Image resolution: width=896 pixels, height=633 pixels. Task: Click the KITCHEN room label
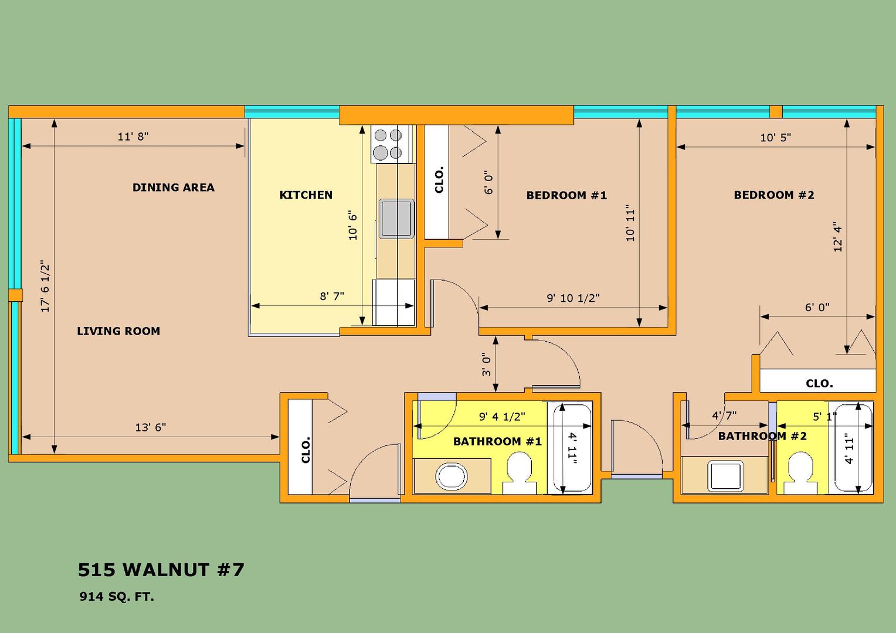click(x=306, y=195)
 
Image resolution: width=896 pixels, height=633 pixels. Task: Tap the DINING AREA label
click(x=173, y=188)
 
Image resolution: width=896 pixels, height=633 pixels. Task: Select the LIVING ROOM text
click(x=118, y=331)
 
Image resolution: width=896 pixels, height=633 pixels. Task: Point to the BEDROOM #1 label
click(x=566, y=196)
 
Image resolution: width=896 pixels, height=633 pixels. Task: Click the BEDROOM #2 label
click(x=773, y=195)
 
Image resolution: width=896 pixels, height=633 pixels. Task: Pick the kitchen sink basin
click(x=396, y=219)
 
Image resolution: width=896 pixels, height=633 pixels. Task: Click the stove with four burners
click(x=392, y=144)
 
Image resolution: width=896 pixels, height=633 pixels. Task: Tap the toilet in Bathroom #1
click(x=520, y=472)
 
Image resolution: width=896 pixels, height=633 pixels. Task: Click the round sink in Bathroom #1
click(x=452, y=477)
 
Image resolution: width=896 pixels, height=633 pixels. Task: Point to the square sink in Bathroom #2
click(x=725, y=476)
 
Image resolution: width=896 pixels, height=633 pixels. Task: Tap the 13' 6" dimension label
click(x=150, y=427)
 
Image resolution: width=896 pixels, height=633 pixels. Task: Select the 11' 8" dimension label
click(x=133, y=137)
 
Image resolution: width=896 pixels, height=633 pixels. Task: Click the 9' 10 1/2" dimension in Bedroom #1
click(x=573, y=298)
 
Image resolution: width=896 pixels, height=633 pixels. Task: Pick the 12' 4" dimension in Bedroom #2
click(x=837, y=237)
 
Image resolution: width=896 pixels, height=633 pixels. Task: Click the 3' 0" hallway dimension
click(x=486, y=365)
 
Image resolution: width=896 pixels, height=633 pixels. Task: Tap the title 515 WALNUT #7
click(x=161, y=570)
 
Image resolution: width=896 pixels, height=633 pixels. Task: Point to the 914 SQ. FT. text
click(x=117, y=597)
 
